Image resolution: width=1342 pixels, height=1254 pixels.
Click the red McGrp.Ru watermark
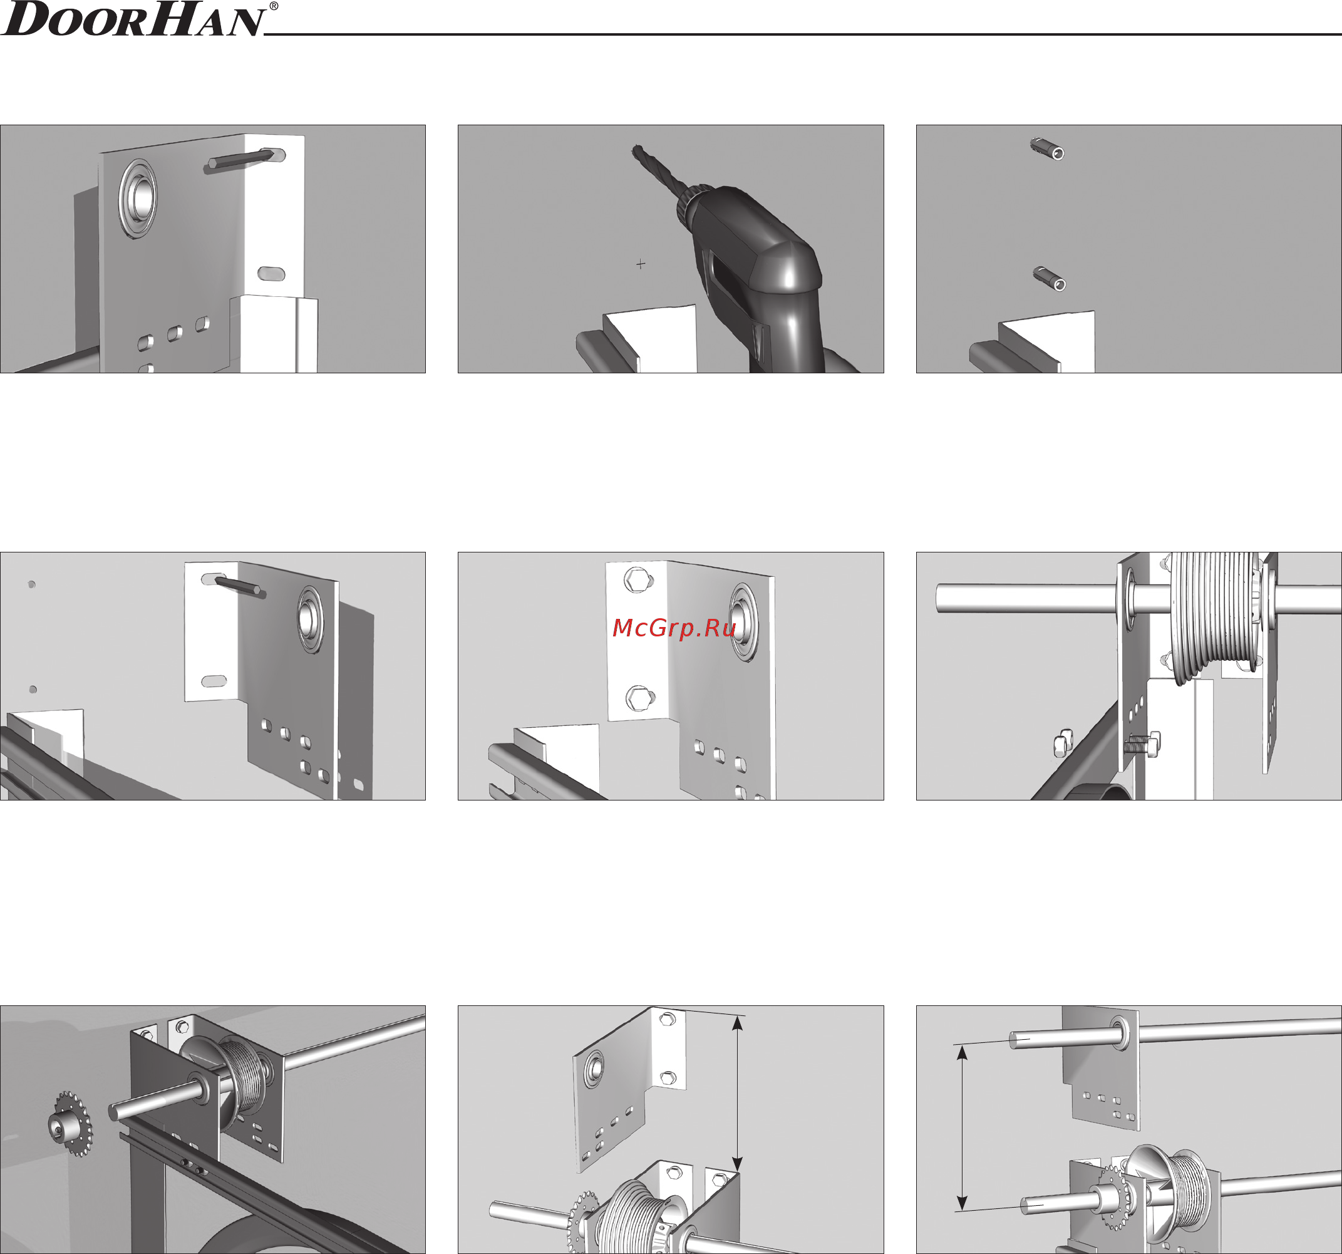pos(674,628)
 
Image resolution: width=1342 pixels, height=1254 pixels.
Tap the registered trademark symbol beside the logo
pos(274,6)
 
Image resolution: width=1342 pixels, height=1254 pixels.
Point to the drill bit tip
pos(635,147)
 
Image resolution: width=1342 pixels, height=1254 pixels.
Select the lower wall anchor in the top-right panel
pos(1050,278)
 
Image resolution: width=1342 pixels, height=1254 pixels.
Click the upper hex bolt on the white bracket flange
pos(637,580)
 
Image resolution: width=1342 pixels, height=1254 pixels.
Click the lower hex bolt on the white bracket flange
pos(638,697)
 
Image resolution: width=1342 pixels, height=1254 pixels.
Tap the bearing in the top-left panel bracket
pos(137,198)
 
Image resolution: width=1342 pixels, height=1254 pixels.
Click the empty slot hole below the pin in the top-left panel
pos(271,274)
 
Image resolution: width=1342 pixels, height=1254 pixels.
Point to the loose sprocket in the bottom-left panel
pos(70,1124)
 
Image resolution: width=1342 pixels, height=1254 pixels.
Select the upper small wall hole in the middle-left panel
pos(32,585)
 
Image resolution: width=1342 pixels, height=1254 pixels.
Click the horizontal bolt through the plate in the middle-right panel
pos(1142,745)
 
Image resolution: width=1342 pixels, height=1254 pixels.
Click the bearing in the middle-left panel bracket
pos(311,619)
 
